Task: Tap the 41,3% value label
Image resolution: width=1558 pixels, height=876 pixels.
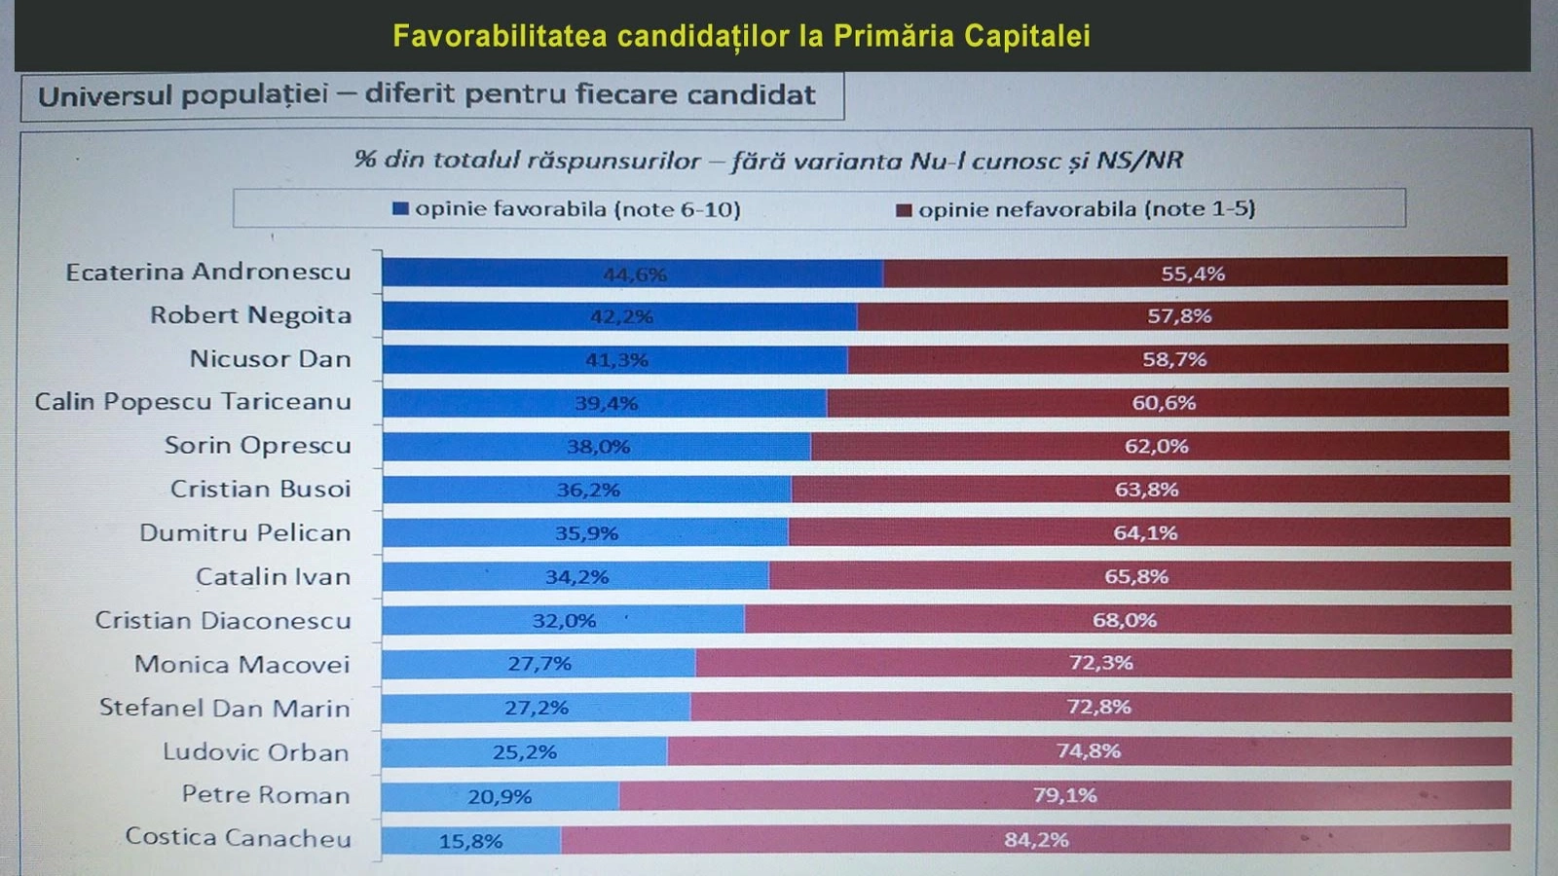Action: pyautogui.click(x=616, y=360)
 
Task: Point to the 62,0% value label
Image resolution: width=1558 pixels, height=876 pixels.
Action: pyautogui.click(x=1157, y=447)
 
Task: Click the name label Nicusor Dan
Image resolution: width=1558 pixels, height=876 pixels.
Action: pyautogui.click(x=270, y=359)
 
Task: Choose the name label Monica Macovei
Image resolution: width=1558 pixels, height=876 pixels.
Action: pyautogui.click(x=241, y=665)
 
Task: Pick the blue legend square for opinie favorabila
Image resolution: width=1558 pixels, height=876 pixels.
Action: pyautogui.click(x=400, y=209)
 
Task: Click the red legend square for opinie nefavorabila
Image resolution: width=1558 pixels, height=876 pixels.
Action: pyautogui.click(x=904, y=210)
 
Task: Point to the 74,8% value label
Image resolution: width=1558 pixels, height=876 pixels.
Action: pyautogui.click(x=1089, y=751)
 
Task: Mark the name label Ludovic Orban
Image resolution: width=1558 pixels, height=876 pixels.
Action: pyautogui.click(x=255, y=752)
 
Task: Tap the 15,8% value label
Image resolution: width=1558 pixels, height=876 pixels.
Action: pyautogui.click(x=470, y=841)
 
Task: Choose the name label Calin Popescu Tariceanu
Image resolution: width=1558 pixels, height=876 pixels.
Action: pyautogui.click(x=193, y=402)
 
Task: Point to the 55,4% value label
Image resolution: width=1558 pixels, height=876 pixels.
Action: pyautogui.click(x=1193, y=274)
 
